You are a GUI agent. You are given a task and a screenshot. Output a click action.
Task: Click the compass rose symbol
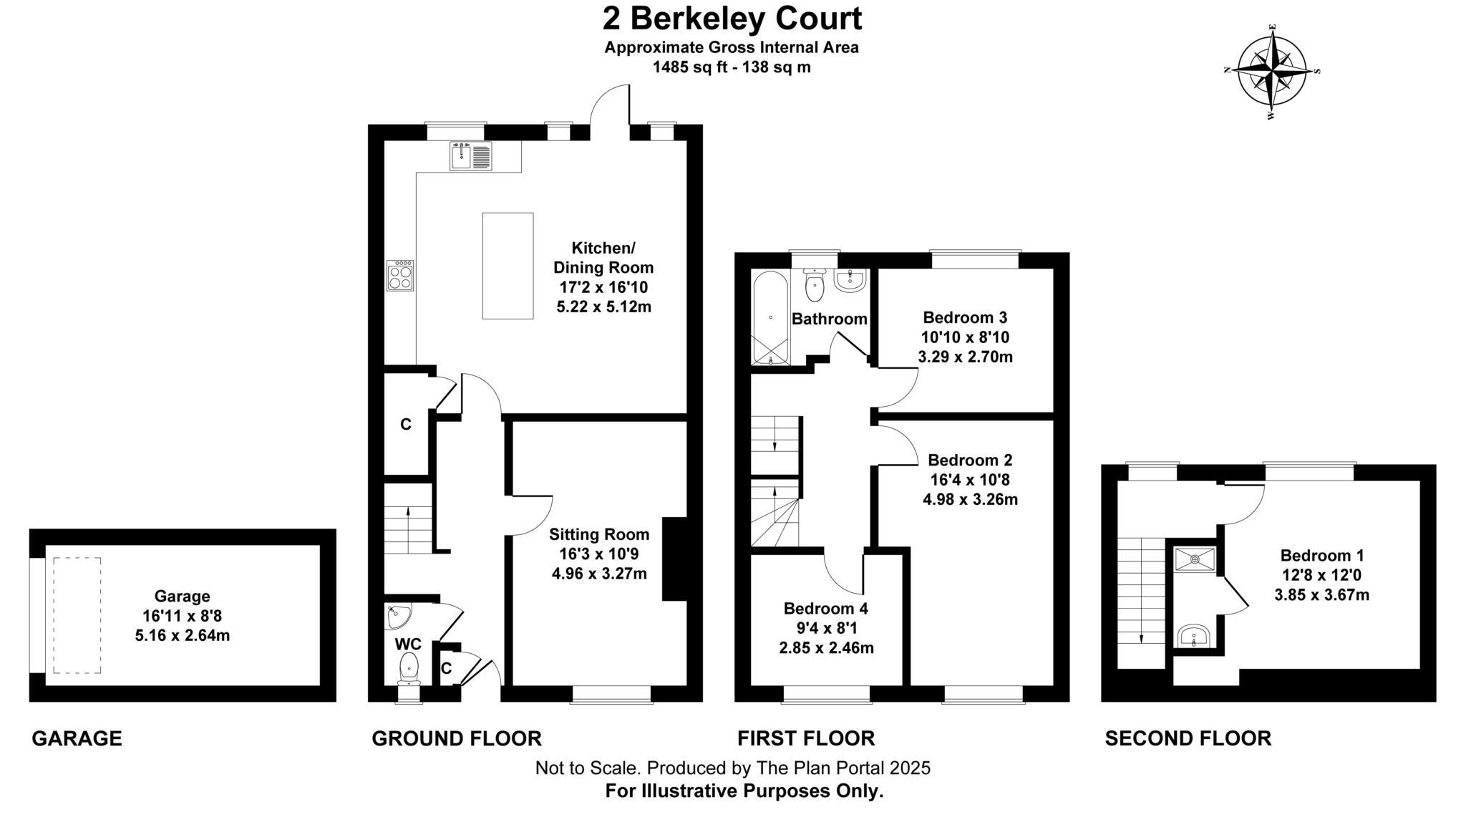1272,71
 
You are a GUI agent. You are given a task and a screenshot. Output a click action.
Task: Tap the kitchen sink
470,156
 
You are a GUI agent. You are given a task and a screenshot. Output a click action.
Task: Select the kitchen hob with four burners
400,275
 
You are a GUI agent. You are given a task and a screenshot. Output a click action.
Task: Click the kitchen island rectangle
508,266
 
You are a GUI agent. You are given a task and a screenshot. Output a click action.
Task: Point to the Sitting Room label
599,534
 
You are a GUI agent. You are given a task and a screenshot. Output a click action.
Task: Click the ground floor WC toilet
409,666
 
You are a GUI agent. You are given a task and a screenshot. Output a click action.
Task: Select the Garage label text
183,596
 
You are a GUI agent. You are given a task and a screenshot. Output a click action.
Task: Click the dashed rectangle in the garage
77,615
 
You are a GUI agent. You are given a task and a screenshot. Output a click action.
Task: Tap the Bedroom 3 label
965,317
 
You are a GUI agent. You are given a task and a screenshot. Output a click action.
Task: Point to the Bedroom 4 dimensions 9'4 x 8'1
826,628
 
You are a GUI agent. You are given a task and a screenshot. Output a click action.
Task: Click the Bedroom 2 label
970,460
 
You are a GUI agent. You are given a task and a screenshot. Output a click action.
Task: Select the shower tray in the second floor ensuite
1195,559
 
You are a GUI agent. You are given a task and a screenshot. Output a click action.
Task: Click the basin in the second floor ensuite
1193,635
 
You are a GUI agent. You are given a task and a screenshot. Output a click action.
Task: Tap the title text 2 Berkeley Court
732,19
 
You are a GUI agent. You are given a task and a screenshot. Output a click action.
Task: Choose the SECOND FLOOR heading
1188,738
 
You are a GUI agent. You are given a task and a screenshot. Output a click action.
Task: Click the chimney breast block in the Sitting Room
674,559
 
